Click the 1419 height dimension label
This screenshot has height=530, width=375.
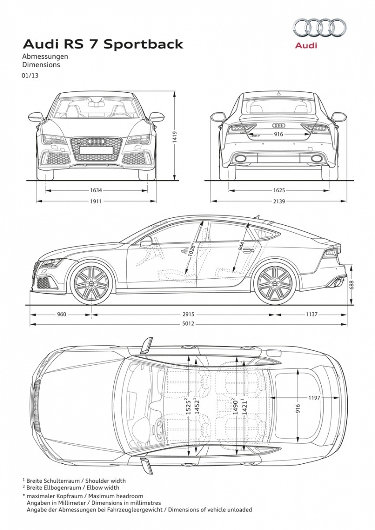(174, 137)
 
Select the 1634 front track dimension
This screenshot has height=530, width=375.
(96, 190)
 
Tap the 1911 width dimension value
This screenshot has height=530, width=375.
(96, 201)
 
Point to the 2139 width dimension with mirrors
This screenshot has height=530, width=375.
(279, 201)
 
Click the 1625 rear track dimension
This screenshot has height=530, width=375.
(279, 190)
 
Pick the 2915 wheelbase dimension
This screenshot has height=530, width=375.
(188, 314)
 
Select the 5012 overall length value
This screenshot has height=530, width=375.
(188, 323)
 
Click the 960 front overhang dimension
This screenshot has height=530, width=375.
(62, 314)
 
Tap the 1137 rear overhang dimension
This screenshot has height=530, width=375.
(311, 314)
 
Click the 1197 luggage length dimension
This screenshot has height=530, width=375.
(314, 397)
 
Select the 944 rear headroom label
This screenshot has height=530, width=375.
(241, 246)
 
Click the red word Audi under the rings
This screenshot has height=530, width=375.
(306, 45)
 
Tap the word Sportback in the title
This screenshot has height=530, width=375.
(144, 44)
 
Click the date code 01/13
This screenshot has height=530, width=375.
(30, 76)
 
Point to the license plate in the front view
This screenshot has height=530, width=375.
(96, 150)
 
